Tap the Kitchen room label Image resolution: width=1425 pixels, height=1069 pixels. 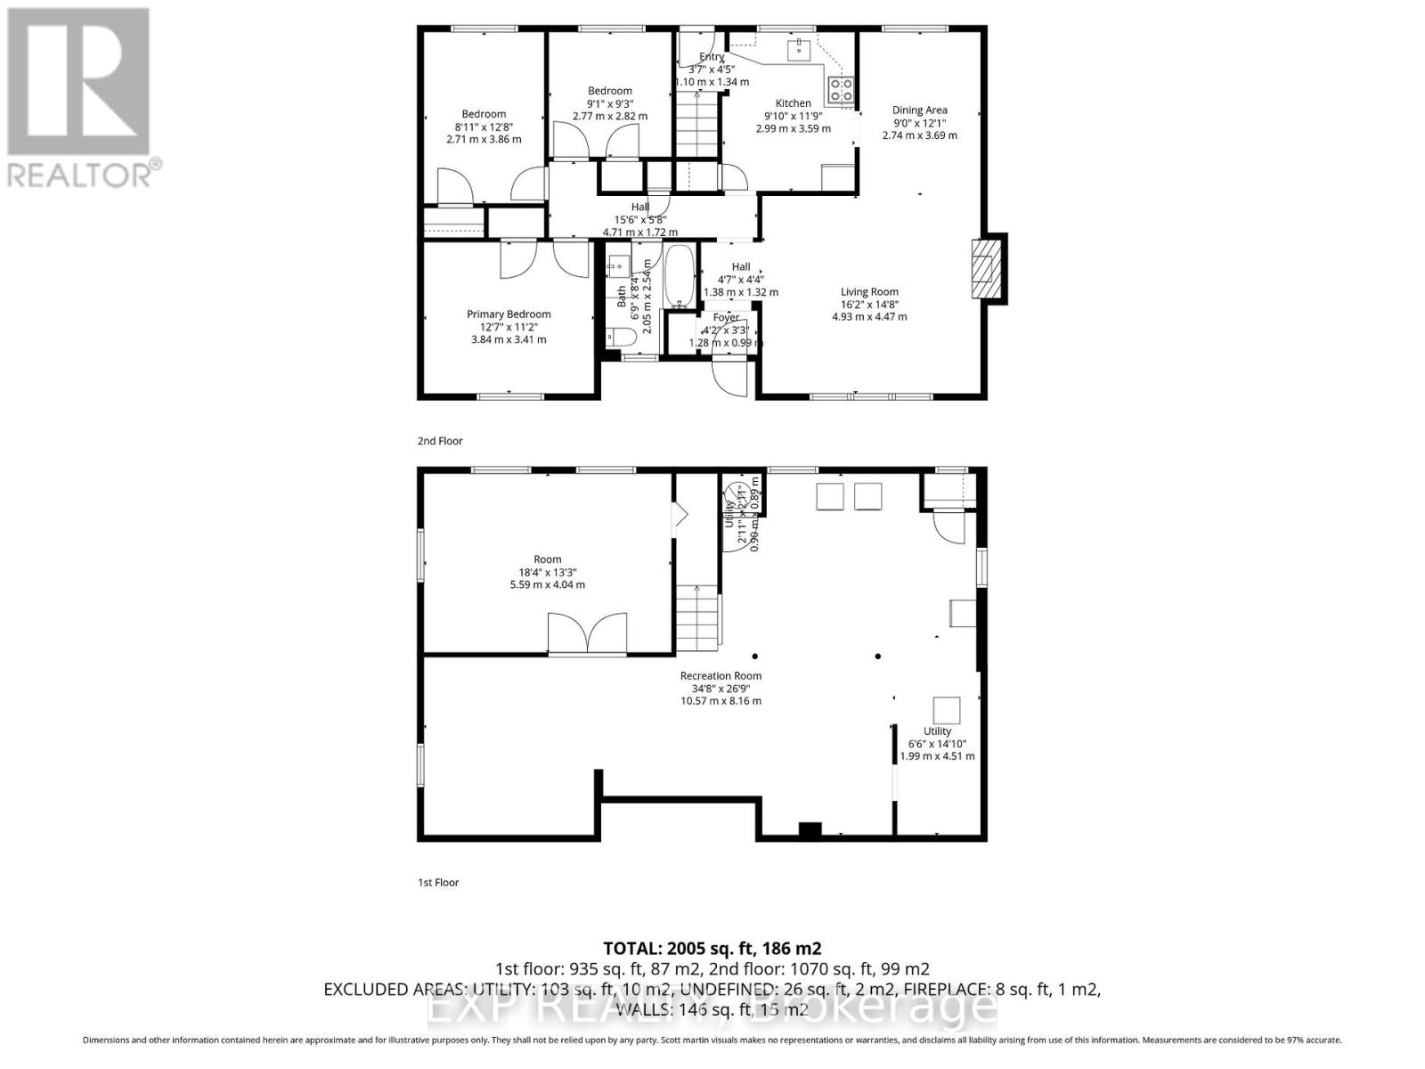pos(793,103)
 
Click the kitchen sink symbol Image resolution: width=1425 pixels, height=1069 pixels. pos(799,49)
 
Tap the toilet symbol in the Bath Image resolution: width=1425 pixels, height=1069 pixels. pos(621,337)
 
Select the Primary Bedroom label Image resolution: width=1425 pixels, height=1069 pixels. pos(509,314)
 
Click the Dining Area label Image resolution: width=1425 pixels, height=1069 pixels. pos(919,110)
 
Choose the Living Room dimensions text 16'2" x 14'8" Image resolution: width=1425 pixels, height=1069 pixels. pos(869,304)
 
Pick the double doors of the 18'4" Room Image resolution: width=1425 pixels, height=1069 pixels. pos(581,633)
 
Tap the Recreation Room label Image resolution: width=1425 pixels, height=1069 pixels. pos(721,675)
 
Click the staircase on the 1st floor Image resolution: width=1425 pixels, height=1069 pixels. pos(697,618)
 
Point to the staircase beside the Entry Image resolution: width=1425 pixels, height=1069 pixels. pos(696,126)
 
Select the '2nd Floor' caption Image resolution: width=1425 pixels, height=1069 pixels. pos(440,441)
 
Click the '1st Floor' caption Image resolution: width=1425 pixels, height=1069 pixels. pos(438,882)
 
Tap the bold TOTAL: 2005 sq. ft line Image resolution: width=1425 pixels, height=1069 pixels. pos(712,948)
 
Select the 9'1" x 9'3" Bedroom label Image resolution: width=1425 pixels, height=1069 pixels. pos(609,91)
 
